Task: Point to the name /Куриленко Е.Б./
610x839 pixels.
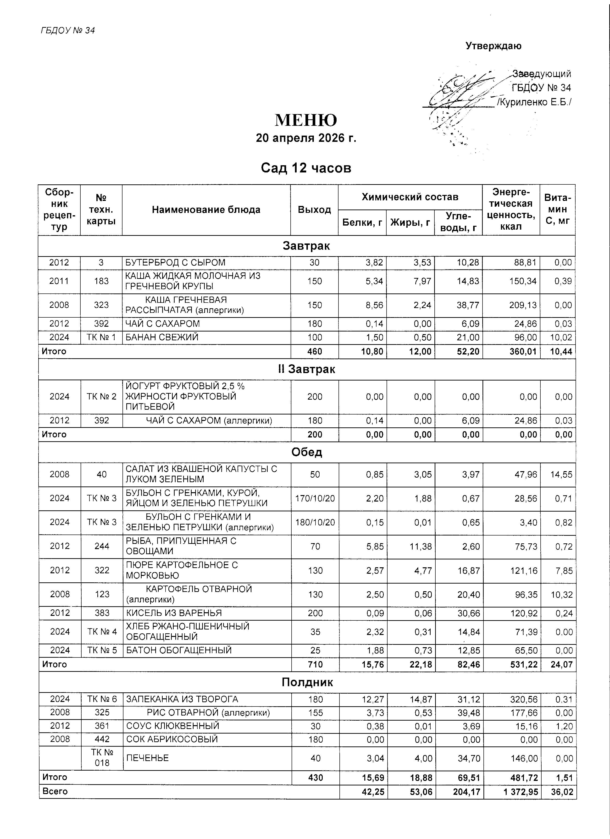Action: coord(534,102)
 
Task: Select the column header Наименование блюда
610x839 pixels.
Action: coord(206,210)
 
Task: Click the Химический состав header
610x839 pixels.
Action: coord(410,197)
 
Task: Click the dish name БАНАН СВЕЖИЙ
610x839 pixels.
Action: coord(162,337)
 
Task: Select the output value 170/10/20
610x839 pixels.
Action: coord(315,498)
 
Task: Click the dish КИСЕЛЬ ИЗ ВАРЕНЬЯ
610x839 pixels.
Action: coord(174,613)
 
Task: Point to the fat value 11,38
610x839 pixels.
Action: coord(421,546)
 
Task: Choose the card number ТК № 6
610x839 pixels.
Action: coord(102,699)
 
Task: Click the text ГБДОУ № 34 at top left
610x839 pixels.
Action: coord(68,30)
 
